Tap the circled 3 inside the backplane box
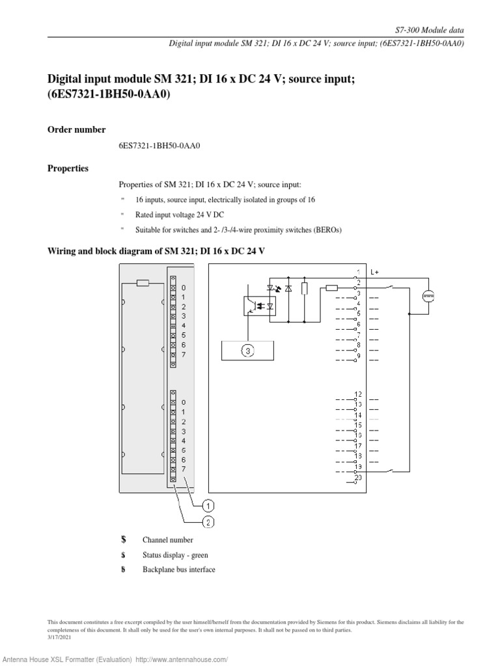pos(248,351)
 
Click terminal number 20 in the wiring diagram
pos(358,478)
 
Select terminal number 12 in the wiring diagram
pos(358,394)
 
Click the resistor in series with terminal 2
pos(331,287)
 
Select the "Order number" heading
pos(76,130)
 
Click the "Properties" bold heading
pos(68,168)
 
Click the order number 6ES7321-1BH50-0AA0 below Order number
pos(159,146)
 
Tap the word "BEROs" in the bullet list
pos(327,230)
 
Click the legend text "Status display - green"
pos(175,555)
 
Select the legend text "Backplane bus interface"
pos(178,570)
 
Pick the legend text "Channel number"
pos(167,540)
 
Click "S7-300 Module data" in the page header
pos(430,31)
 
